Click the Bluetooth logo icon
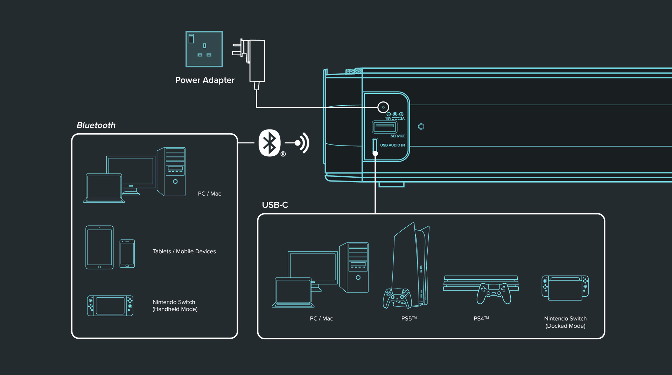click(269, 143)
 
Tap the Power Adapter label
click(205, 80)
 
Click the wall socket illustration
click(204, 49)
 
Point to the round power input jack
click(383, 107)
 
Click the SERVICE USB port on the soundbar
click(384, 127)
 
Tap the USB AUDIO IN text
click(392, 145)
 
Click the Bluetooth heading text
click(96, 125)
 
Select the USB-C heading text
click(275, 205)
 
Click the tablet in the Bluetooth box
click(100, 247)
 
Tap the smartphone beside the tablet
click(127, 254)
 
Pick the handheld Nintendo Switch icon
click(110, 306)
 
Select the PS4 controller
click(493, 293)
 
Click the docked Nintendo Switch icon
click(565, 288)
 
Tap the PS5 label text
click(409, 319)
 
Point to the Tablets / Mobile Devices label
click(184, 252)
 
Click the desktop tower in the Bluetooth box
click(171, 171)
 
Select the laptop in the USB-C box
click(293, 292)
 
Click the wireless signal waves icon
click(302, 143)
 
